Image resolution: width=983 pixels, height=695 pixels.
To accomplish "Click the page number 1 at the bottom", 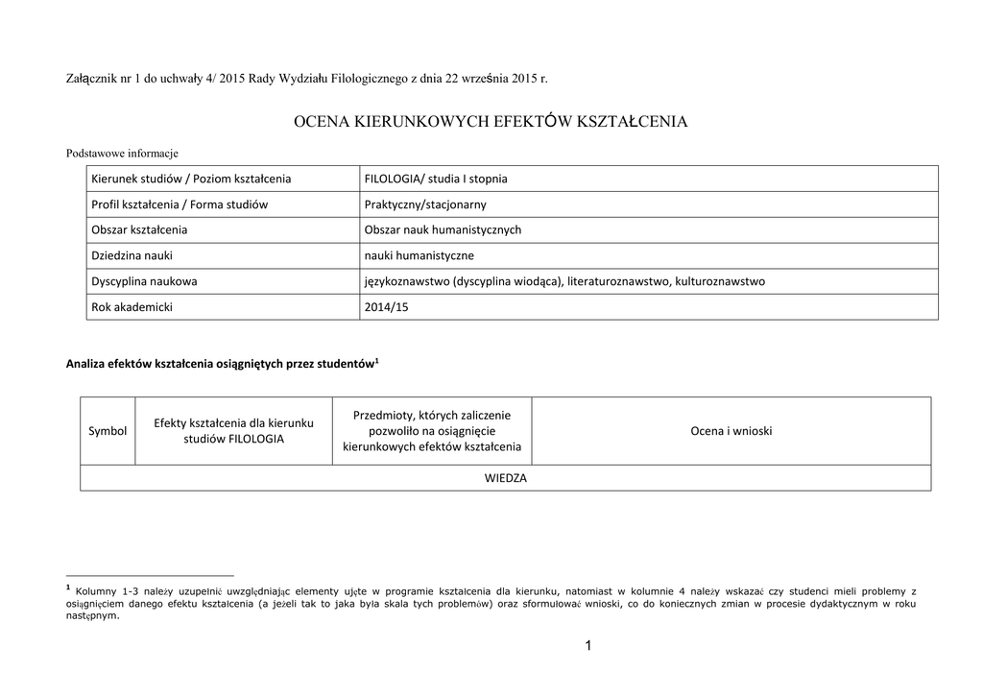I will pos(587,646).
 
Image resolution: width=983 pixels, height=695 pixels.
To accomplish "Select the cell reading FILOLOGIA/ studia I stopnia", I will pos(436,179).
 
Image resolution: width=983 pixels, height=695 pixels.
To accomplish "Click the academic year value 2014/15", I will pos(387,307).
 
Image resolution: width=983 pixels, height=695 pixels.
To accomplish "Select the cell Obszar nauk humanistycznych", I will pos(443,230).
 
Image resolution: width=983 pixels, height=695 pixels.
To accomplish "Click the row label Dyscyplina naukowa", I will pos(144,281).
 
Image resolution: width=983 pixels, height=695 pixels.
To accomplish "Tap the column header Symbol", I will pos(108,431).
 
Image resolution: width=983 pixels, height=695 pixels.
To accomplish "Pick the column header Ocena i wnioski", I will pos(731,431).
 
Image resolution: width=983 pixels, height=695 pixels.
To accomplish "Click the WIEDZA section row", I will pos(505,478).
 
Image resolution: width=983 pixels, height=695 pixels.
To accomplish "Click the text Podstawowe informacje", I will pos(122,153).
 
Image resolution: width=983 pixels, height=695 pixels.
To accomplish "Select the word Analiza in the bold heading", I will pos(87,364).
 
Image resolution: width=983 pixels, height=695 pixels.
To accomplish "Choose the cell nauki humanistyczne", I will pos(419,255).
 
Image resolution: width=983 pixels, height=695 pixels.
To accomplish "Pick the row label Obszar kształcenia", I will pos(139,230).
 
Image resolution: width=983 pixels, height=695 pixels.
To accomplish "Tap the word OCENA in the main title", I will pos(322,122).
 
